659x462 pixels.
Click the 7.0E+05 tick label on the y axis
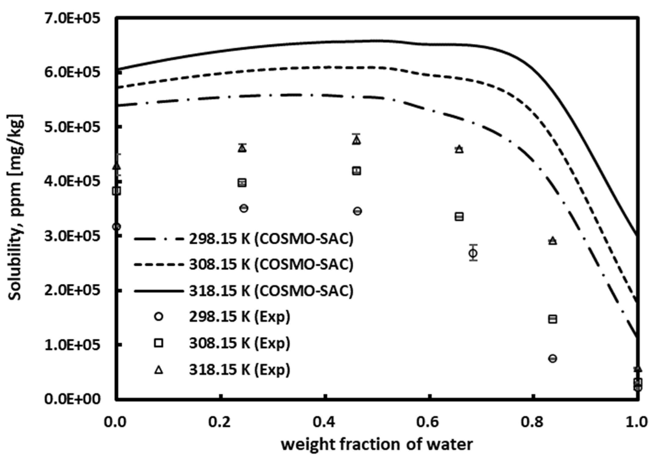click(72, 19)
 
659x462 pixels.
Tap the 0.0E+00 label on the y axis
click(72, 399)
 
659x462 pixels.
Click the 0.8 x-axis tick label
click(533, 422)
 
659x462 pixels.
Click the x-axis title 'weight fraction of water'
click(377, 445)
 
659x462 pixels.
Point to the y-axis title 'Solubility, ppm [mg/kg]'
click(15, 208)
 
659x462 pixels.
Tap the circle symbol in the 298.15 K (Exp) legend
click(159, 317)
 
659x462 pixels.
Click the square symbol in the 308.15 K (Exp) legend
click(159, 343)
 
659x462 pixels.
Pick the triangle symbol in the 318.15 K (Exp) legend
click(159, 370)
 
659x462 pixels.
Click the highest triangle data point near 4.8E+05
click(356, 140)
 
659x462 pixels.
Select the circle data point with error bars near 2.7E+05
click(473, 253)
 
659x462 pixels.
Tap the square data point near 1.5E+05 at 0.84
click(553, 319)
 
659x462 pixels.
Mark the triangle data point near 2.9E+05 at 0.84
click(553, 241)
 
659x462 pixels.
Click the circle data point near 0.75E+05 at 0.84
click(553, 358)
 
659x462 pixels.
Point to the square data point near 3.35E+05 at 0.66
click(459, 217)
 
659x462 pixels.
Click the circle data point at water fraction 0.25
click(244, 209)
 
